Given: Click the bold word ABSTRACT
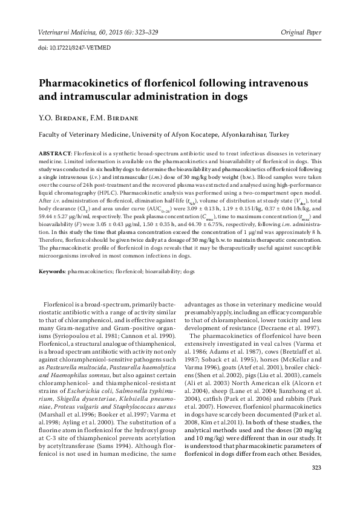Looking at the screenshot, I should tap(55, 155).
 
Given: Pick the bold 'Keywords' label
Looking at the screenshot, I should tap(53, 273).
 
